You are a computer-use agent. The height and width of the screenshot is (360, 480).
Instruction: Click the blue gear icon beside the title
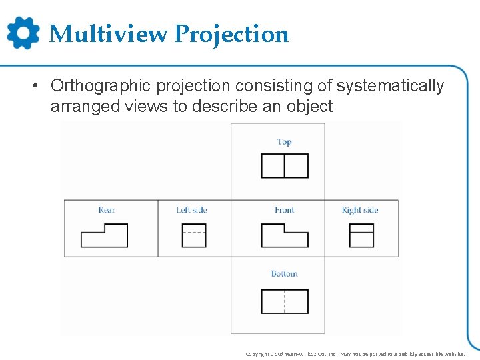23,33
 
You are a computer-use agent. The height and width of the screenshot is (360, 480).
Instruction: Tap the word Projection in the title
231,34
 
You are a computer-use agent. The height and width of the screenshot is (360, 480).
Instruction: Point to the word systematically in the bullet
389,87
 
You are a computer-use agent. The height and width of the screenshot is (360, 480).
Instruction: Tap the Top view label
284,141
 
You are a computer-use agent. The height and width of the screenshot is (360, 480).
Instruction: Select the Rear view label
107,210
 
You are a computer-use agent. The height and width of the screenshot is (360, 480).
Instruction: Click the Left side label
191,210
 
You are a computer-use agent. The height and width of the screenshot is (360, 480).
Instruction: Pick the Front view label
284,210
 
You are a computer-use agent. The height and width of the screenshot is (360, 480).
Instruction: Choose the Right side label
360,210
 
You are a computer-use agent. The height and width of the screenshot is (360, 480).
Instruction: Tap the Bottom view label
284,273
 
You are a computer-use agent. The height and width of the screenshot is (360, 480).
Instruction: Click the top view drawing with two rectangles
285,166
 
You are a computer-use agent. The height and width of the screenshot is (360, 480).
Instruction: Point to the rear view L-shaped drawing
104,236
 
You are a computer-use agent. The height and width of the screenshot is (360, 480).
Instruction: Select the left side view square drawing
194,235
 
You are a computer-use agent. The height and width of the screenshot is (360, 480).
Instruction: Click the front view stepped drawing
285,235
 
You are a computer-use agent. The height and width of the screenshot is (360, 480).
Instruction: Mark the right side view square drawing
361,235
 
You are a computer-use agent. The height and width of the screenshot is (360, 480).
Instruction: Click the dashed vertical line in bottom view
285,301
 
